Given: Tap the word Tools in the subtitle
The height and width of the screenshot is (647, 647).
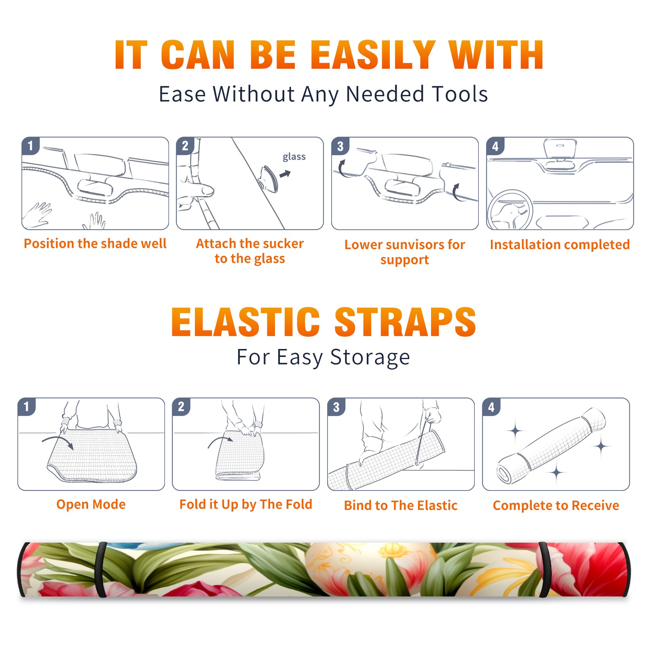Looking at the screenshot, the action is coord(460,94).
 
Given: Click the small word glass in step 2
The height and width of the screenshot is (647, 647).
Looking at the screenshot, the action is coord(294,157).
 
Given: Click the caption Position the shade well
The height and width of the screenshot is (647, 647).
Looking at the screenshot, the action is coord(95,243).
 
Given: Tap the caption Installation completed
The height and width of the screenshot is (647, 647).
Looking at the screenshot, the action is coord(560,245).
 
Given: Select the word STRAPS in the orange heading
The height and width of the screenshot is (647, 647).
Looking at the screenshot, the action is coord(405,322).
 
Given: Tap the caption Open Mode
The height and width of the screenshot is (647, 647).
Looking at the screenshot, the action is coord(91,504).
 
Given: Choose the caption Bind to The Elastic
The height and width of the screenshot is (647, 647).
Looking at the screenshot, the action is coord(401,505).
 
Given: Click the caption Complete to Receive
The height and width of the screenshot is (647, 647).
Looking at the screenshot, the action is coord(556,505).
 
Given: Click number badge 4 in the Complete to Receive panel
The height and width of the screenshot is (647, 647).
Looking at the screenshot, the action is coord(491,407).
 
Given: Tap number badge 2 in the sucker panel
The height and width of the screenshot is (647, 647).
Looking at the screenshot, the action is coord(185,146).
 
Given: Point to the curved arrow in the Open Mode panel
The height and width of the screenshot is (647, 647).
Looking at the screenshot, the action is coord(58,440).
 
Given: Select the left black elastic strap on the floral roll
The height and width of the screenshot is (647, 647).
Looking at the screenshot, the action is coord(101,569).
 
